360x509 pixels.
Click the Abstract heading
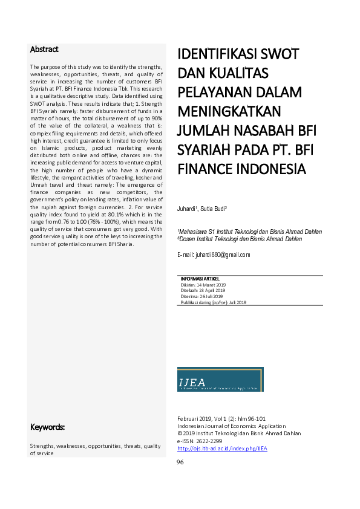tap(44, 49)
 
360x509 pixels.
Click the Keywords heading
tap(48, 427)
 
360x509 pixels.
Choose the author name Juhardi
tap(189, 209)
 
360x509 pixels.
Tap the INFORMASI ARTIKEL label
tap(201, 278)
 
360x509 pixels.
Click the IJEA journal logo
tap(220, 379)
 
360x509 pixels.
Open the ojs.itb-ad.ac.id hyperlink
tap(222, 449)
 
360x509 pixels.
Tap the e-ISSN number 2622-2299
tap(210, 441)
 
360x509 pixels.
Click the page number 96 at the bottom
tap(180, 462)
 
